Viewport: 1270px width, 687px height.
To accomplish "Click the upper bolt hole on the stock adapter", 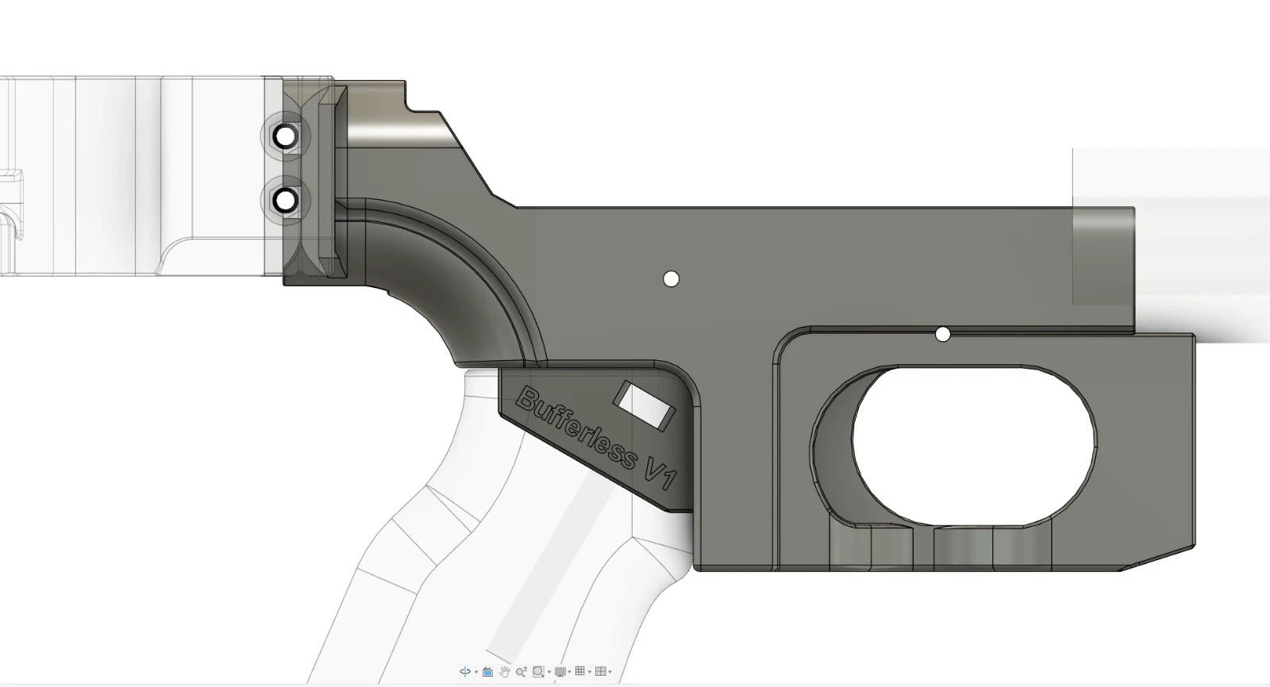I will (285, 137).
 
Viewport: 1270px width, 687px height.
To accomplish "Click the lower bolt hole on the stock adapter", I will (285, 199).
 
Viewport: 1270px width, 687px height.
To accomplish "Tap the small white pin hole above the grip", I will (671, 278).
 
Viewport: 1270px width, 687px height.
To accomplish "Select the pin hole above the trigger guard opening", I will (942, 335).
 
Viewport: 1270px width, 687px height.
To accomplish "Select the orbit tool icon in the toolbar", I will (465, 671).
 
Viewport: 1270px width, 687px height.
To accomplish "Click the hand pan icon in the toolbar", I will (504, 672).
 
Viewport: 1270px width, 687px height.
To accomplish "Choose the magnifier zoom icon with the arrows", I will (521, 672).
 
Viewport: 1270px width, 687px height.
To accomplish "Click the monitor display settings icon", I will (560, 672).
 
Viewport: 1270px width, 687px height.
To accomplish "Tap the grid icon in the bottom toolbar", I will (579, 671).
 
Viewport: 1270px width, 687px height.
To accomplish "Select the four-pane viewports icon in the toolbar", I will (600, 671).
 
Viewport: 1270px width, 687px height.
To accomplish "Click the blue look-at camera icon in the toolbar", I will (487, 672).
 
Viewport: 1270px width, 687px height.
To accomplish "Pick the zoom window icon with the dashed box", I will (538, 672).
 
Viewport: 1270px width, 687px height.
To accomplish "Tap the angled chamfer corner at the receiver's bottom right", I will (1159, 559).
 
